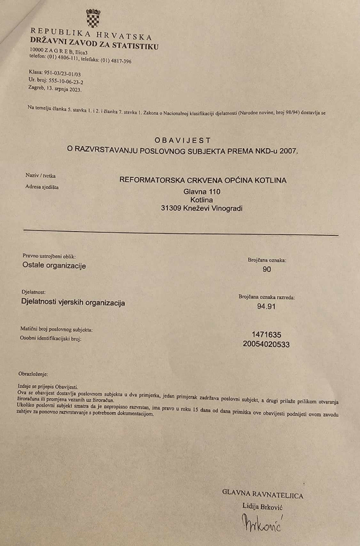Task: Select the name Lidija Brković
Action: click(263, 505)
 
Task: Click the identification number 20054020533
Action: click(266, 344)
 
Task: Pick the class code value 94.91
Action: click(267, 307)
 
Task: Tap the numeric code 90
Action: click(267, 270)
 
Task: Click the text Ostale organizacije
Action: click(54, 265)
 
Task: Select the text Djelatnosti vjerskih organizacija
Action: click(73, 303)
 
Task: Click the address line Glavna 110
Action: click(202, 191)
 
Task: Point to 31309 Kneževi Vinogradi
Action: click(202, 208)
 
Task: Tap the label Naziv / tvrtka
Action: click(41, 176)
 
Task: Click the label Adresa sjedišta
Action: click(42, 187)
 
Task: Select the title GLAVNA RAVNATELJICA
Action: click(263, 495)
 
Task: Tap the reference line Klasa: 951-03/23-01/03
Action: click(55, 74)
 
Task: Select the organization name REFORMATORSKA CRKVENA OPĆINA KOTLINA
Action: click(203, 180)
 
